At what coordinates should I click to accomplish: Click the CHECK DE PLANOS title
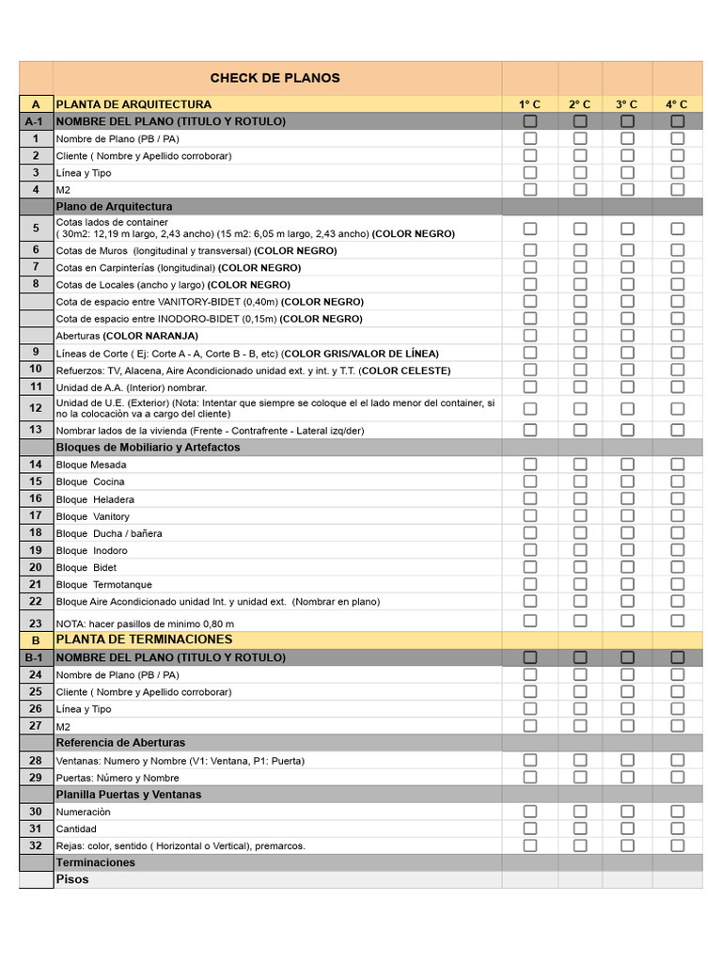coord(275,78)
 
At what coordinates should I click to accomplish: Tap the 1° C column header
coord(529,104)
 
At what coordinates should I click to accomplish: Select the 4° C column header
coord(677,104)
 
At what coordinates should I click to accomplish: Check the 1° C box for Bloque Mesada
coord(530,465)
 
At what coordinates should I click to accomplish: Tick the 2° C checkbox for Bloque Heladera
coord(580,498)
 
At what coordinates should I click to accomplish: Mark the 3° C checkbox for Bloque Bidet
coord(627,567)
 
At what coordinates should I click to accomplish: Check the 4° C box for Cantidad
coord(677,829)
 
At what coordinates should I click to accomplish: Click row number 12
coord(36,408)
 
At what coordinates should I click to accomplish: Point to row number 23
coord(36,623)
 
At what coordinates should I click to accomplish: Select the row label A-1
coord(36,121)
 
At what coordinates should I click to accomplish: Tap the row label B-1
coord(36,657)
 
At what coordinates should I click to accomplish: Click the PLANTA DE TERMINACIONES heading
coord(144,639)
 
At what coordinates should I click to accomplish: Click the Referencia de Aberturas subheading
coord(120,743)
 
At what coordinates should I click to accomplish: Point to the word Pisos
coord(72,879)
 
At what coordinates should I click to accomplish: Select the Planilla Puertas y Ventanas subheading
coord(128,795)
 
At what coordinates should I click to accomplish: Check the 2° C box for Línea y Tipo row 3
coord(580,172)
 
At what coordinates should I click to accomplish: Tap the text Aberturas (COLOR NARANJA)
coord(127,336)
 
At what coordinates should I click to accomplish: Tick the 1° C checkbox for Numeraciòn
coord(530,812)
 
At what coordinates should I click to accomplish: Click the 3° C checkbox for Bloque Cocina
coord(627,481)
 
